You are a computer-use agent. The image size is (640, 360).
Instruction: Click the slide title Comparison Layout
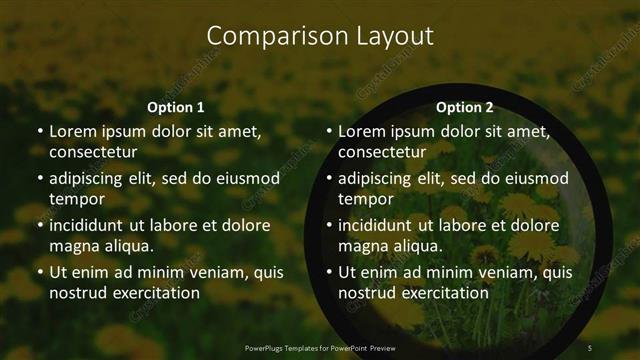(x=320, y=36)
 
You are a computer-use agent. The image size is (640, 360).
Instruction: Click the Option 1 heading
(x=176, y=107)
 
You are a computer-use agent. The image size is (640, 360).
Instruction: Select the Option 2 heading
(x=465, y=107)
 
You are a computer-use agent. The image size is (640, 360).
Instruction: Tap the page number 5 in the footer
(x=590, y=347)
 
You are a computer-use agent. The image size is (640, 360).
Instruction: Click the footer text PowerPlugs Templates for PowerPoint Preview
(x=320, y=347)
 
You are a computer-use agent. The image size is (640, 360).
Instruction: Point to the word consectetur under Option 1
(x=93, y=152)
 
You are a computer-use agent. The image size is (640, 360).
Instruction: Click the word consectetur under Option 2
(x=382, y=152)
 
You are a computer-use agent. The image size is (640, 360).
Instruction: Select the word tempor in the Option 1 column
(x=76, y=199)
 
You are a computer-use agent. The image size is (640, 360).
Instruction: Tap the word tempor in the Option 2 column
(x=366, y=199)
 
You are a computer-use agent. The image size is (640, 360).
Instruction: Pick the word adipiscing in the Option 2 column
(x=375, y=178)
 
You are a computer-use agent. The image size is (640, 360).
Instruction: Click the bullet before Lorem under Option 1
(x=39, y=132)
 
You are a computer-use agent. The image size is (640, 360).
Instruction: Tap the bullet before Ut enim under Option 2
(x=329, y=272)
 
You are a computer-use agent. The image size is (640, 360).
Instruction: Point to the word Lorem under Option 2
(x=361, y=131)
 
